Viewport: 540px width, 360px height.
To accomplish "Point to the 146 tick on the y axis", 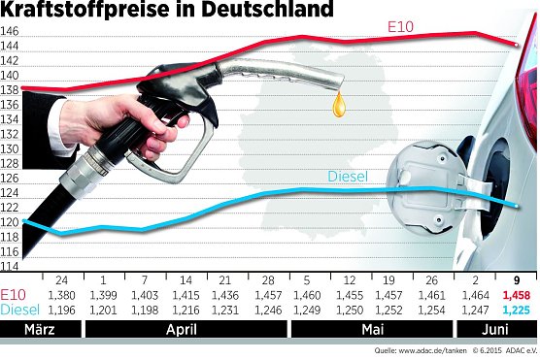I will pyautogui.click(x=11, y=31).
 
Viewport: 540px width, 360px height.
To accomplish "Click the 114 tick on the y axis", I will pyautogui.click(x=11, y=265).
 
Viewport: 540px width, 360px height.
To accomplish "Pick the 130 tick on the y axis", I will pyautogui.click(x=11, y=148).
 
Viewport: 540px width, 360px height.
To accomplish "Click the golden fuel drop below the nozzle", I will pyautogui.click(x=339, y=104).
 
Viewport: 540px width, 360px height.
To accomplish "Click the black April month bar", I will pyautogui.click(x=186, y=329).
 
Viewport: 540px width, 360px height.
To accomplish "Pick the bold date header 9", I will pyautogui.click(x=516, y=278).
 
